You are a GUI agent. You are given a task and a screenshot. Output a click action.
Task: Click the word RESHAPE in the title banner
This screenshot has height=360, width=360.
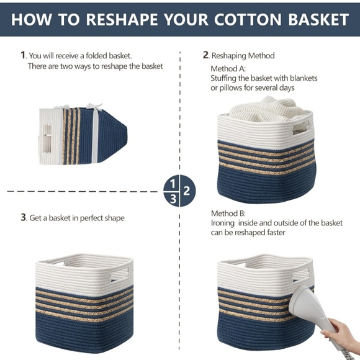[122, 19]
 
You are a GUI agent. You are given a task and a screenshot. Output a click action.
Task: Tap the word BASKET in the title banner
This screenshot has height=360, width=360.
[318, 19]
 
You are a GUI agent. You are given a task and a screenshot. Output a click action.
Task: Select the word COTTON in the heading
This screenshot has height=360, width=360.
[248, 19]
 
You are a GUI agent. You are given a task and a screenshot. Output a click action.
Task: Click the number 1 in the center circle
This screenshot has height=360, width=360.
[173, 184]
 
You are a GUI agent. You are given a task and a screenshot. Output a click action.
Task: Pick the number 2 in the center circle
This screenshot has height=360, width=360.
[187, 191]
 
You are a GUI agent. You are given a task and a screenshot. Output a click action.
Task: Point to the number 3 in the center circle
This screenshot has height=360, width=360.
[173, 199]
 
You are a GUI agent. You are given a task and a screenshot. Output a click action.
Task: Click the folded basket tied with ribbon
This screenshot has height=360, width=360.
[83, 135]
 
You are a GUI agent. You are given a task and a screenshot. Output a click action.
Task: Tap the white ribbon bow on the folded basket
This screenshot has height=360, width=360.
[94, 107]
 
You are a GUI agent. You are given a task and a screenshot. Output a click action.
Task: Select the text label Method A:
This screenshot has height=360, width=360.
[228, 69]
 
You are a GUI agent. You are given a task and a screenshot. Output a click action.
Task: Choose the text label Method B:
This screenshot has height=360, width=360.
[228, 214]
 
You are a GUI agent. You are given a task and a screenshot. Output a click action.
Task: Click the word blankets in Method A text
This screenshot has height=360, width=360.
[304, 78]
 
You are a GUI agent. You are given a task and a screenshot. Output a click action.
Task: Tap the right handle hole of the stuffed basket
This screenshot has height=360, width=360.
[301, 127]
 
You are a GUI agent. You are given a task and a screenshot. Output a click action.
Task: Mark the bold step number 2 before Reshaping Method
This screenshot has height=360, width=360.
[205, 55]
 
